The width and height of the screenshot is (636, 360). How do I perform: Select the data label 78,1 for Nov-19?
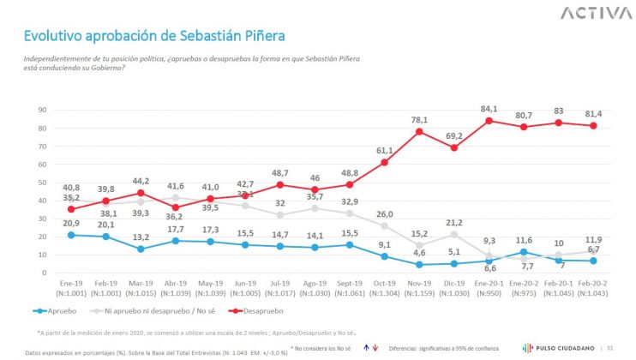(x=418, y=119)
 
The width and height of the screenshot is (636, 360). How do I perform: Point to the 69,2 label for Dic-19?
(x=454, y=135)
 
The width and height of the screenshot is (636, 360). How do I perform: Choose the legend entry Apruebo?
(x=58, y=310)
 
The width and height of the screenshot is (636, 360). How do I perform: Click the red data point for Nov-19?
(x=419, y=131)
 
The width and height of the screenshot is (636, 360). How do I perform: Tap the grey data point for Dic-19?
(x=454, y=235)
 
